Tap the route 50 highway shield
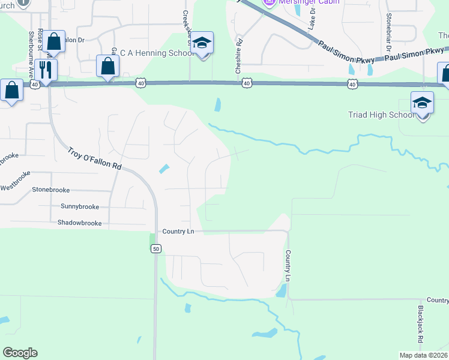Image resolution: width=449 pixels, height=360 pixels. [155, 248]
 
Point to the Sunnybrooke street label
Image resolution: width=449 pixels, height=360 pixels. [80, 206]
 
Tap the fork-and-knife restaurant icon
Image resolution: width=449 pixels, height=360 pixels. [45, 70]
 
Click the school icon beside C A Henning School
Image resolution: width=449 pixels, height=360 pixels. [203, 43]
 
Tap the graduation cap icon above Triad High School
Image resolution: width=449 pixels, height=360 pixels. [422, 103]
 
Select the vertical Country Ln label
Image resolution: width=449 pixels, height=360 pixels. [288, 266]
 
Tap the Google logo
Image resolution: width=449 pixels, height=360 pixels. [20, 353]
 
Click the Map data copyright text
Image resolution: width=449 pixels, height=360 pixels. [423, 355]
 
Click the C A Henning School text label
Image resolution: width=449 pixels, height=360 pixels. [157, 53]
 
